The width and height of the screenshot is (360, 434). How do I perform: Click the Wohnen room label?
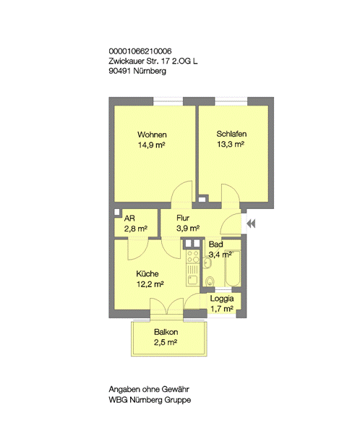pyautogui.click(x=152, y=135)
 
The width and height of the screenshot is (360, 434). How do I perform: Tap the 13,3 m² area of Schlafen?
pyautogui.click(x=231, y=144)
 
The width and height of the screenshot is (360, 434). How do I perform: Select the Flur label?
pyautogui.click(x=183, y=218)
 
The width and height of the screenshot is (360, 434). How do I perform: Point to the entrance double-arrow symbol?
pyautogui.click(x=251, y=224)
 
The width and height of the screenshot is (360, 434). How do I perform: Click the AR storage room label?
pyautogui.click(x=129, y=218)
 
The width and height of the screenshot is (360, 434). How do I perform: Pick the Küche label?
pyautogui.click(x=147, y=273)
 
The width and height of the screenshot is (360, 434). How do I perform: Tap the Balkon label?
pyautogui.click(x=166, y=332)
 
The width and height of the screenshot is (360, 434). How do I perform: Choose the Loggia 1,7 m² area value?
pyautogui.click(x=222, y=308)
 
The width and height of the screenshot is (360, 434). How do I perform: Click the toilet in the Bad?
pyautogui.click(x=210, y=281)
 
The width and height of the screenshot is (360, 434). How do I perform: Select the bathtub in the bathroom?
pyautogui.click(x=233, y=268)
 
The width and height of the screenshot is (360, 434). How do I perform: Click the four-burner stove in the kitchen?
pyautogui.click(x=193, y=257)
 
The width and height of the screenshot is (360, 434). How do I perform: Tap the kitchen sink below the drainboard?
pyautogui.click(x=192, y=280)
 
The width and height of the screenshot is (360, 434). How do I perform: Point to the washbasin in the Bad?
pyautogui.click(x=207, y=263)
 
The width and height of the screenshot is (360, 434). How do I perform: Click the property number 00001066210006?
pyautogui.click(x=140, y=51)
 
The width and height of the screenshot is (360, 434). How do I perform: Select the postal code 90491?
pyautogui.click(x=119, y=71)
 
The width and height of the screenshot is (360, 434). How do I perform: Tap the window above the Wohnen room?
pyautogui.click(x=168, y=101)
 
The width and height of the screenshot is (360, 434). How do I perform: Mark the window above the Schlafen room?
pyautogui.click(x=231, y=101)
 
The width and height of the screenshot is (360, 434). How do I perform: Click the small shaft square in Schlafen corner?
pyautogui.click(x=202, y=199)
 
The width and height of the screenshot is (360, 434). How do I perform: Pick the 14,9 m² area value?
pyautogui.click(x=151, y=145)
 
